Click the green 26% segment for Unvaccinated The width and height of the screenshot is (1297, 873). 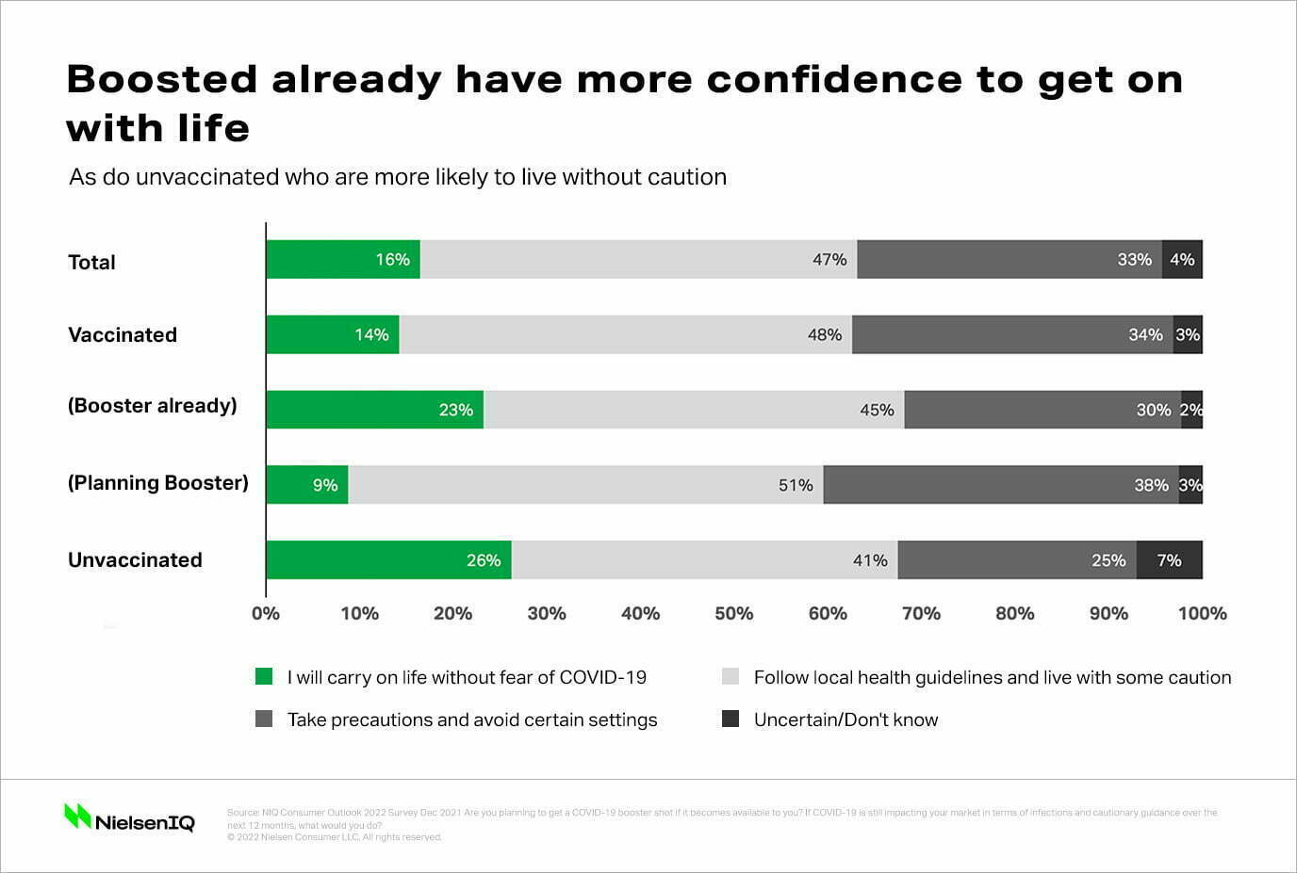click(388, 560)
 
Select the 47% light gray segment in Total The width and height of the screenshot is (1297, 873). click(638, 260)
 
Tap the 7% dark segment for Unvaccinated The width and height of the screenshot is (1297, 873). click(1169, 560)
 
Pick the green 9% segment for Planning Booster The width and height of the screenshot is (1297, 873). click(307, 485)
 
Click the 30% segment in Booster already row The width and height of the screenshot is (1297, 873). click(1043, 410)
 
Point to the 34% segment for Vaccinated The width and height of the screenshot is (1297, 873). click(1012, 335)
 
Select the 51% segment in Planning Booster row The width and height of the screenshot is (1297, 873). click(585, 485)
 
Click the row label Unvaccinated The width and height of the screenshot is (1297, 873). click(135, 560)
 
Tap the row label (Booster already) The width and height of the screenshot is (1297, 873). click(152, 406)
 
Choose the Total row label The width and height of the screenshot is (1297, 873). click(91, 263)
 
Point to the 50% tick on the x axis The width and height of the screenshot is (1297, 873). click(733, 614)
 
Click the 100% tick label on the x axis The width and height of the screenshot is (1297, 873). click(1202, 614)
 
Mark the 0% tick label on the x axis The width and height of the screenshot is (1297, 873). click(266, 614)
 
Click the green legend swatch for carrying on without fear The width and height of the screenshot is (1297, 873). click(264, 676)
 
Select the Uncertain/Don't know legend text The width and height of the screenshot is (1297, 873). click(846, 720)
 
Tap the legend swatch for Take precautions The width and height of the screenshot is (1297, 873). click(264, 719)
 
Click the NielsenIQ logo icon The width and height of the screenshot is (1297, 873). click(77, 816)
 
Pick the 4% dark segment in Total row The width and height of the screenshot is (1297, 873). click(1182, 260)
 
